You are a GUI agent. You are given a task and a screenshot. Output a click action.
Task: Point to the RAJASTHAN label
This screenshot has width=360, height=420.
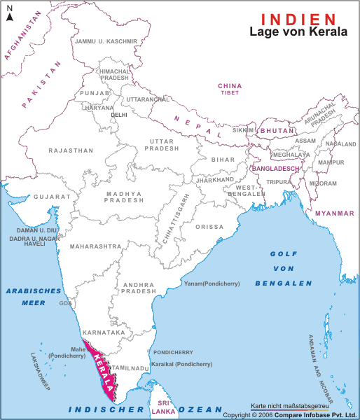(71, 150)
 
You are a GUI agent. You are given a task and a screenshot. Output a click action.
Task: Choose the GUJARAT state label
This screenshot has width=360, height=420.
(53, 197)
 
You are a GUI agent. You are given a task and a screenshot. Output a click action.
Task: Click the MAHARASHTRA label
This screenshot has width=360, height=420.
(95, 247)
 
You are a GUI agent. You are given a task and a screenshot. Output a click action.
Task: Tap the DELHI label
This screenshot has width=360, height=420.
(119, 114)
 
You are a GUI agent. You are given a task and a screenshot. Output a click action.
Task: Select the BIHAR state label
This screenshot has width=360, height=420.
(223, 160)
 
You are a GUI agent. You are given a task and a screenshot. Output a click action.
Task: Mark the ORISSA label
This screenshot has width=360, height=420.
(210, 227)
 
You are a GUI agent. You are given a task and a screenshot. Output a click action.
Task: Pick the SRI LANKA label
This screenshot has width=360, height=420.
(164, 407)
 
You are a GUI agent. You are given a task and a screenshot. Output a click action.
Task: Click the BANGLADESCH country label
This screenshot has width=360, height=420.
(275, 169)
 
